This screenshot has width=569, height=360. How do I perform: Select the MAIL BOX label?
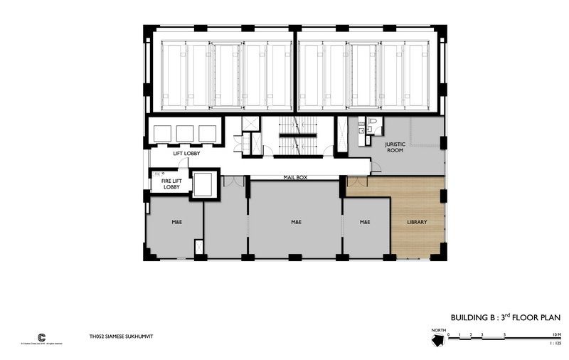(296, 176)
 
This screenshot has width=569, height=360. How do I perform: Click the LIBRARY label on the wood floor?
(417, 222)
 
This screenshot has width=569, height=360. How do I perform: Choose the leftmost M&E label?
(176, 222)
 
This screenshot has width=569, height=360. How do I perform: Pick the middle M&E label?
(296, 222)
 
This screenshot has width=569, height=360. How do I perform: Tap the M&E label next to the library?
(365, 222)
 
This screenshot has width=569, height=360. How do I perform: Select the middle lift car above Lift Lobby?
(185, 133)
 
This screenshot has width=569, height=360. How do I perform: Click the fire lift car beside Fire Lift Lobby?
(203, 184)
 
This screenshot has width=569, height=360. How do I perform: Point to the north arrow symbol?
(437, 338)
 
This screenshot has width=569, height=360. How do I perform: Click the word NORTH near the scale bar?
(437, 330)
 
